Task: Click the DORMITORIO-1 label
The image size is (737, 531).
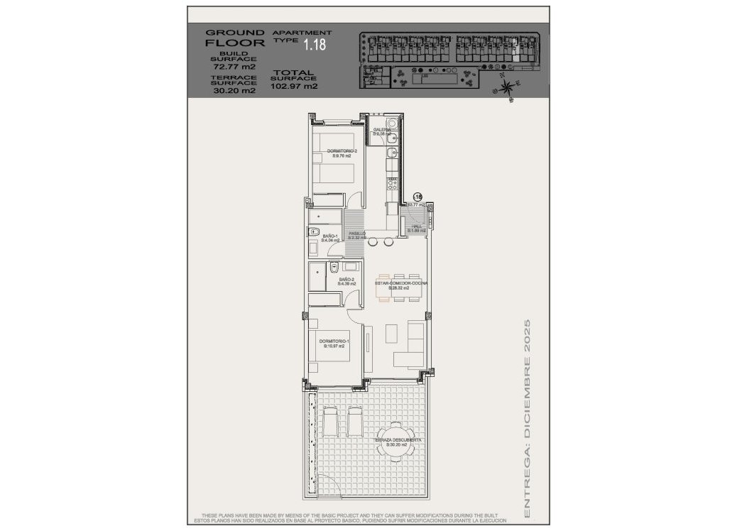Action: [334, 344]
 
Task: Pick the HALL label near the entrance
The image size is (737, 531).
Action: [417, 228]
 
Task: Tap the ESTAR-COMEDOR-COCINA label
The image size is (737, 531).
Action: [401, 285]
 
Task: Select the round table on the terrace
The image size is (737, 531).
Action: [393, 440]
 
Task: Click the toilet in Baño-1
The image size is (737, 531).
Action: [313, 232]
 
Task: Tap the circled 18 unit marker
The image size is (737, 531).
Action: [417, 197]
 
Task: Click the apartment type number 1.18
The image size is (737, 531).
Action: [315, 45]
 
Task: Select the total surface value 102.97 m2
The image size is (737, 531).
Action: [294, 86]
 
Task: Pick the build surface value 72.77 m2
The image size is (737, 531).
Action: [229, 67]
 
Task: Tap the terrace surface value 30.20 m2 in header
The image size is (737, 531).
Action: [229, 90]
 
